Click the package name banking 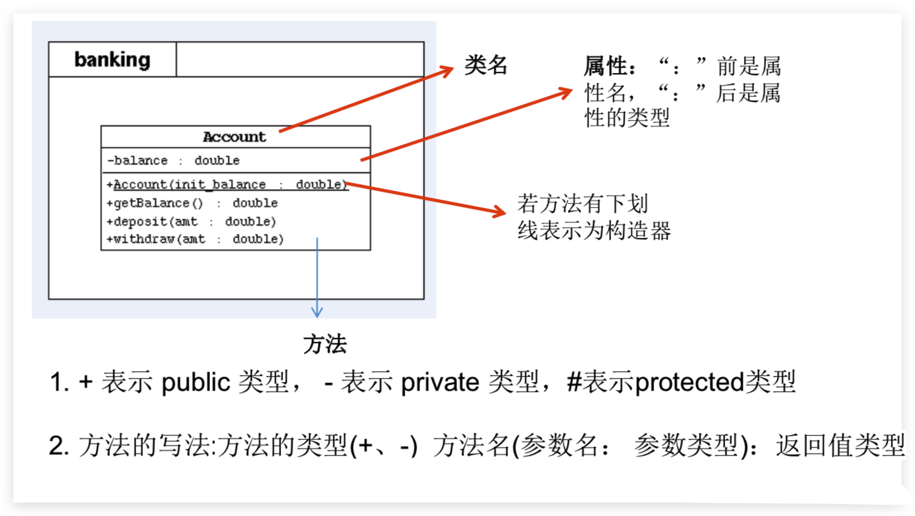click(112, 60)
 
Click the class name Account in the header click(235, 137)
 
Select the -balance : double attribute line click(173, 161)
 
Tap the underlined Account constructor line click(227, 184)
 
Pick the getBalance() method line click(192, 203)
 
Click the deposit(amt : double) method click(191, 221)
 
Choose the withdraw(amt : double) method click(195, 239)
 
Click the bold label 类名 click(486, 66)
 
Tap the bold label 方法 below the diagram click(325, 344)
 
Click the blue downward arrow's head click(317, 312)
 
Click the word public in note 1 click(195, 383)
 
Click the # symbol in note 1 click(574, 383)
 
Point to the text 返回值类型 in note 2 click(841, 446)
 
